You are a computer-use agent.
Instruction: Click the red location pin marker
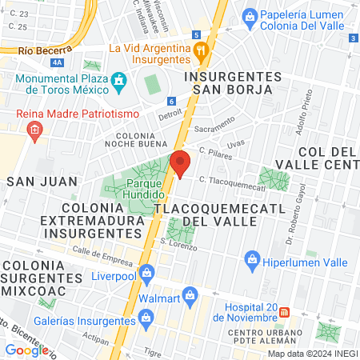coord(180,163)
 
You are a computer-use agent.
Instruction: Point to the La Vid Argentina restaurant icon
coord(201,50)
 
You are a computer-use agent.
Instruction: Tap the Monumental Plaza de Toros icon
coord(120,80)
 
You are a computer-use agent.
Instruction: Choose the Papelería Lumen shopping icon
coord(250,16)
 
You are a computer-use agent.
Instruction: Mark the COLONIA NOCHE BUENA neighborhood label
coord(140,141)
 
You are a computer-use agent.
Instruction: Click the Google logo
coord(26,350)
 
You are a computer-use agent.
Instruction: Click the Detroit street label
coord(170,115)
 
